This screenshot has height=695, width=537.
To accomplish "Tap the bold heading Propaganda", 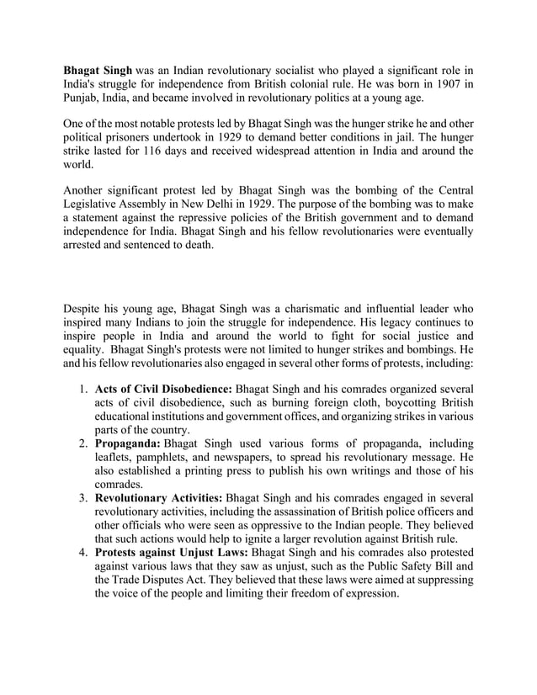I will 128,442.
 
